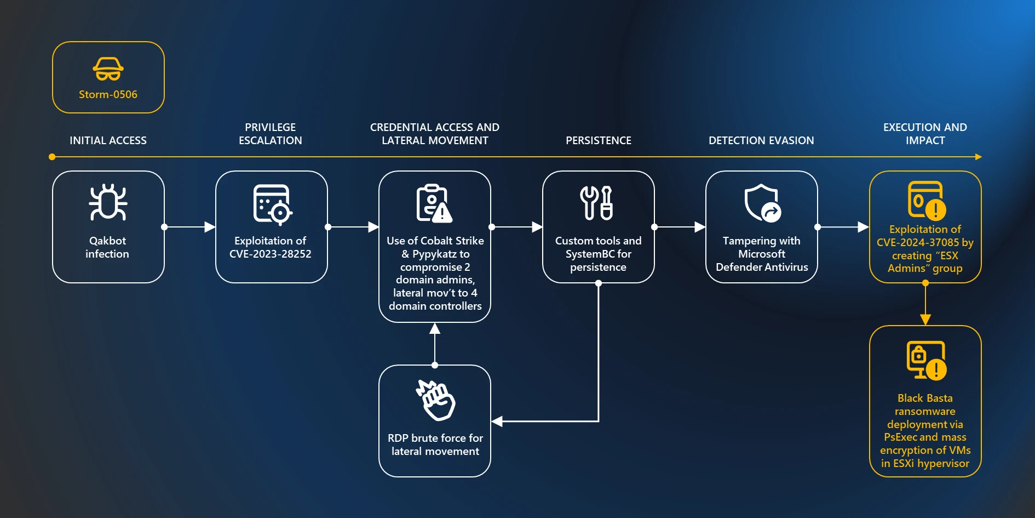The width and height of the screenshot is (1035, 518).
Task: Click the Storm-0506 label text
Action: click(108, 94)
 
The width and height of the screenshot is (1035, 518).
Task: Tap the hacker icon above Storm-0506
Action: click(108, 69)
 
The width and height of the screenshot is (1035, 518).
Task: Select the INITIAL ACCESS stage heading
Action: click(108, 140)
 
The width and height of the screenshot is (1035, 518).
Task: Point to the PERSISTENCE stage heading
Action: click(598, 140)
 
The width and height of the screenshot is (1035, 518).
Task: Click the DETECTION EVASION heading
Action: click(761, 140)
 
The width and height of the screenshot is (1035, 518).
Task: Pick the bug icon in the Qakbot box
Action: click(108, 202)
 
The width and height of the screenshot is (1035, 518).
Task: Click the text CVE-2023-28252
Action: click(270, 254)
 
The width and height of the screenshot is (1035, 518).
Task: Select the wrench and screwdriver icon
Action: click(596, 203)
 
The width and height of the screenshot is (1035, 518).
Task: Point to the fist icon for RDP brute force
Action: click(436, 400)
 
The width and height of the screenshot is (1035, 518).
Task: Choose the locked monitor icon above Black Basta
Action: click(926, 360)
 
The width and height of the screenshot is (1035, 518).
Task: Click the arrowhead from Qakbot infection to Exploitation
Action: click(209, 227)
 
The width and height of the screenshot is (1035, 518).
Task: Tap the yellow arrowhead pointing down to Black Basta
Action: click(925, 320)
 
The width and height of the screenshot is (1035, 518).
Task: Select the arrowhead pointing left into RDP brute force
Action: click(497, 421)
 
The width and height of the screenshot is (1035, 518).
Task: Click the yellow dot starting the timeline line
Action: click(52, 157)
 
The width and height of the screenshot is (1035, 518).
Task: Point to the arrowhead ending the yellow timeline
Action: click(978, 157)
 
